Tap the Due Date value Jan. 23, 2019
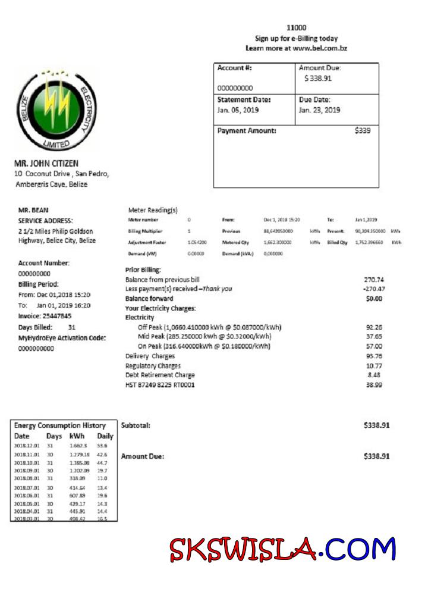tap(319, 110)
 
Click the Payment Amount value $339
tap(362, 131)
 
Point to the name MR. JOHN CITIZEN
tap(46, 163)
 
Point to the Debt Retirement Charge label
tap(160, 375)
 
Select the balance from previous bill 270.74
tap(373, 279)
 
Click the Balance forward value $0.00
tap(373, 298)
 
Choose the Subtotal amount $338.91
tap(377, 425)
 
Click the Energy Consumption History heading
tap(59, 425)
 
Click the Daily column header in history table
tap(105, 436)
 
